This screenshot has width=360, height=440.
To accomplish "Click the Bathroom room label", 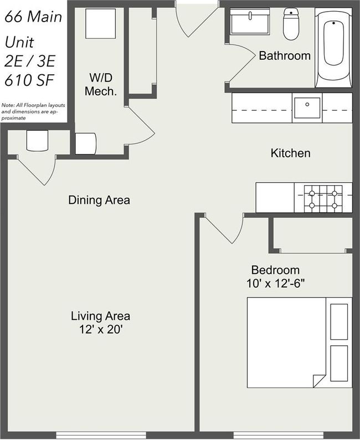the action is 285,55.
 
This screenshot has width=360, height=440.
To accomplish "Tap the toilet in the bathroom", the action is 291,24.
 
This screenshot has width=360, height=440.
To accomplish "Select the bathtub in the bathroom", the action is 333,48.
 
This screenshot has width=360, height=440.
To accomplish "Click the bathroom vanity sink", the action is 250,21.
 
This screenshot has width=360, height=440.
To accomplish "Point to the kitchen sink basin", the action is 307,108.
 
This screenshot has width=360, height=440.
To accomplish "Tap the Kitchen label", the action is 290,153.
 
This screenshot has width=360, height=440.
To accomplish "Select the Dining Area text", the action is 99,200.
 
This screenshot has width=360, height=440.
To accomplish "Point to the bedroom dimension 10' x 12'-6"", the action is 275,284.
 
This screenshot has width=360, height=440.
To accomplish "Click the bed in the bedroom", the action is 300,342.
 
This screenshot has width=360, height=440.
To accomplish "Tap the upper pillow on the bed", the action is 339,321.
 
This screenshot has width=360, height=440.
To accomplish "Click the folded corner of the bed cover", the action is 318,381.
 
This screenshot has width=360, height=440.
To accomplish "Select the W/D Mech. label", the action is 101,84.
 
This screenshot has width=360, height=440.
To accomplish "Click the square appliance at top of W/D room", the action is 101,24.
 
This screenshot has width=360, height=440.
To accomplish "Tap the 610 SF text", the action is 29,80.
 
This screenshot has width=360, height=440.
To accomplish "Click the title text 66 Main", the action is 33,17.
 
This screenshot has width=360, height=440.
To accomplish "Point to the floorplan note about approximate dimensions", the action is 33,112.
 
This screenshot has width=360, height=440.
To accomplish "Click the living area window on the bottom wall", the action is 101,435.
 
